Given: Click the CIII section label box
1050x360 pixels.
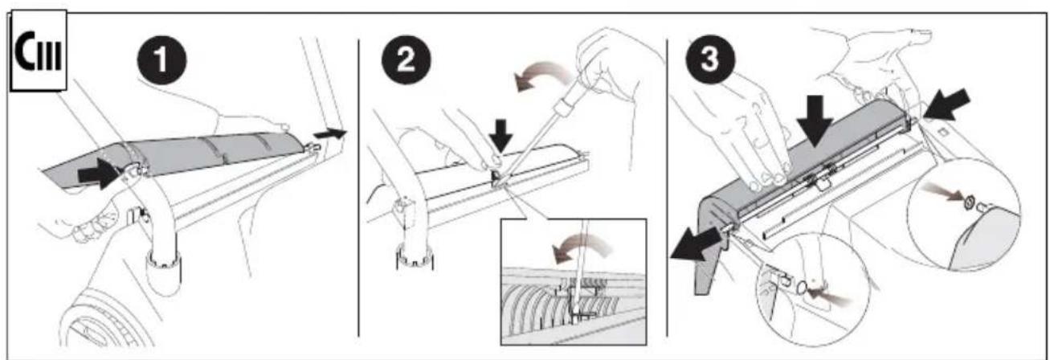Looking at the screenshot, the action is tap(39, 50).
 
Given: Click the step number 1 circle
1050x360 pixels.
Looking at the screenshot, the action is tap(161, 60).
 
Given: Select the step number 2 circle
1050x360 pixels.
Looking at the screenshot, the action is tap(406, 60).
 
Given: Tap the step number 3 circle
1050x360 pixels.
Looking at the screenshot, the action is tap(710, 59).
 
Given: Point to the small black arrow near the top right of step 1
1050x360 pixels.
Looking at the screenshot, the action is tap(330, 133).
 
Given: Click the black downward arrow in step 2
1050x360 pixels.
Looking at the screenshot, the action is tap(500, 136).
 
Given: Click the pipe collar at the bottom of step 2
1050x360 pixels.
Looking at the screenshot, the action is tap(415, 257).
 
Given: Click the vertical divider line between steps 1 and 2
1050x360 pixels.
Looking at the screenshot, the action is tap(359, 187).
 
